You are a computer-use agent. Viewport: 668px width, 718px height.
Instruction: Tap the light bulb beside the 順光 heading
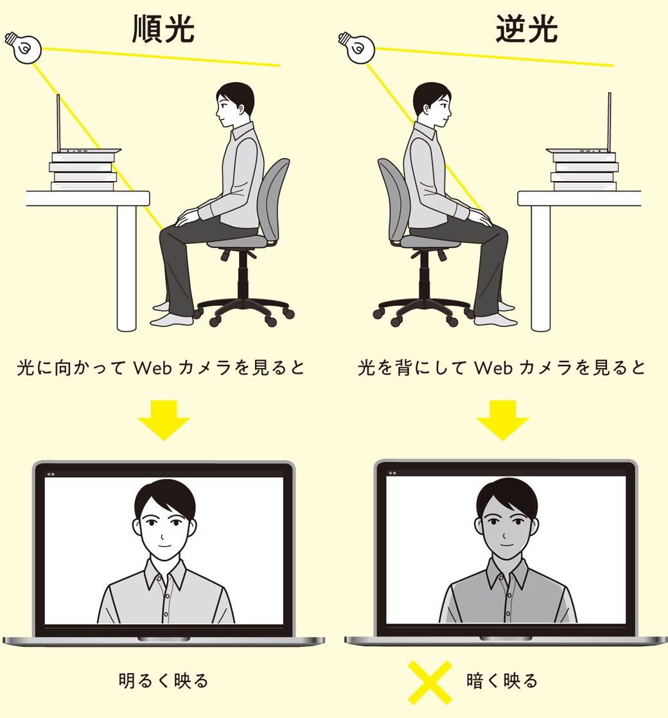[x=23, y=46]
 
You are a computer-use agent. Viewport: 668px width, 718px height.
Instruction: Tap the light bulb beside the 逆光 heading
[x=355, y=46]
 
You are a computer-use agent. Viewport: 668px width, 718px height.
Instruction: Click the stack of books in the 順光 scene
[x=83, y=171]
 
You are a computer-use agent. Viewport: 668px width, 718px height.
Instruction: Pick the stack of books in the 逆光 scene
[x=584, y=171]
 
